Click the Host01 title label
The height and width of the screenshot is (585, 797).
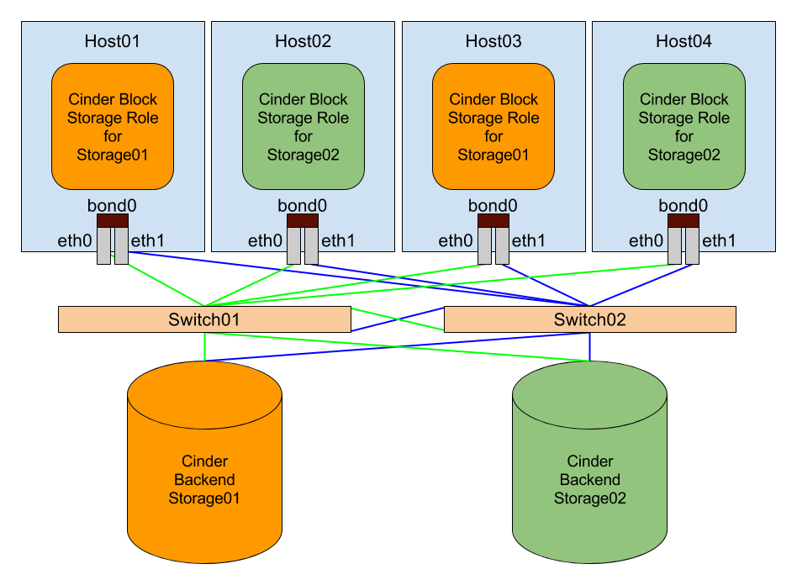click(112, 41)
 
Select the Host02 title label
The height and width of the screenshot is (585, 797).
click(303, 41)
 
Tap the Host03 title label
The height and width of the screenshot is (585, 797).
click(494, 41)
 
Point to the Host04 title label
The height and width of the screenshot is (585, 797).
click(684, 41)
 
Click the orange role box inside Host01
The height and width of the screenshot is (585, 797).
click(113, 127)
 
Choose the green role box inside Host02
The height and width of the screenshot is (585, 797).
click(303, 127)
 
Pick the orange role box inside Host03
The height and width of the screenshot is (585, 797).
click(494, 127)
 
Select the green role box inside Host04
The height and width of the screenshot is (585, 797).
click(684, 127)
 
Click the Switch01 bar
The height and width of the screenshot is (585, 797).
click(204, 319)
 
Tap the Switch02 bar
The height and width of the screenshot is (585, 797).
click(589, 319)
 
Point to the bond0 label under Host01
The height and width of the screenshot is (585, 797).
click(112, 206)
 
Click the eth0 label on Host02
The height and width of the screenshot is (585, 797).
click(265, 241)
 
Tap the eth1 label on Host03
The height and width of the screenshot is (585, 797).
click(529, 241)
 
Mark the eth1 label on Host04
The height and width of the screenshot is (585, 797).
click(719, 241)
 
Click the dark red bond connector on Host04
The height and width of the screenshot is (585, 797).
click(684, 220)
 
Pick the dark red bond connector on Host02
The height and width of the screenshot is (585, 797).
click(303, 220)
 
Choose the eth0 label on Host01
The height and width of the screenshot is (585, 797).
click(74, 241)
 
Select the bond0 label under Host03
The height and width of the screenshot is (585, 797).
click(494, 206)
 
